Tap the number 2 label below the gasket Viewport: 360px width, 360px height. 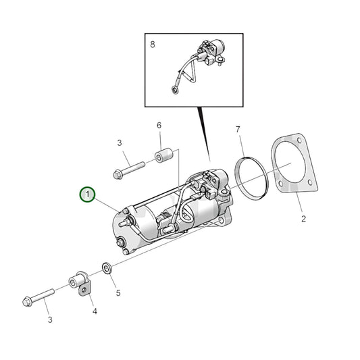(303, 219)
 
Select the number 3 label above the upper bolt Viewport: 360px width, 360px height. (119, 143)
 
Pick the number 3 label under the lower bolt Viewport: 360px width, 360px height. (49, 318)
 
